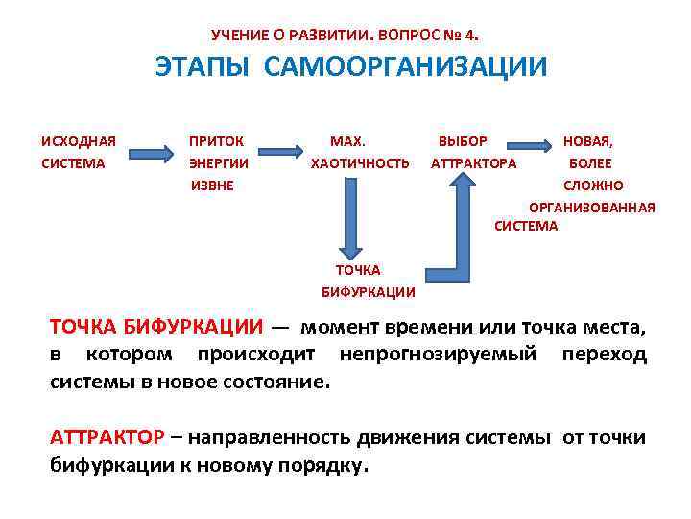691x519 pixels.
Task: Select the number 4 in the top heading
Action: [469, 36]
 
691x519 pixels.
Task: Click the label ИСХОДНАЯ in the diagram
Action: [79, 141]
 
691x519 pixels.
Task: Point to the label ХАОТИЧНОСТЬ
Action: [360, 162]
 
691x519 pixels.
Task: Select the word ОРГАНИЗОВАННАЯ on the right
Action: [592, 206]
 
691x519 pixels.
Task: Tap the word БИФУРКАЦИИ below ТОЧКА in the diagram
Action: [369, 291]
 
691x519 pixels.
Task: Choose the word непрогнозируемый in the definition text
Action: [438, 355]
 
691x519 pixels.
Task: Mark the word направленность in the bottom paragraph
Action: [270, 438]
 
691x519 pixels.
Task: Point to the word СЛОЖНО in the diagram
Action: [593, 185]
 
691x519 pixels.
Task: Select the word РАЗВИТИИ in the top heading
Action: [332, 36]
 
